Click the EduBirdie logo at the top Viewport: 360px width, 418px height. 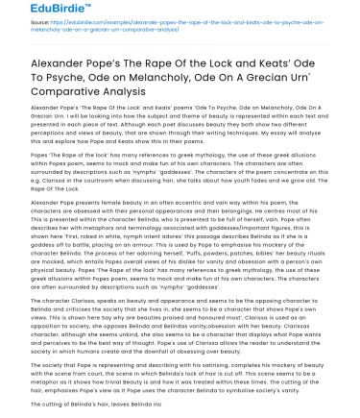(37, 12)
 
